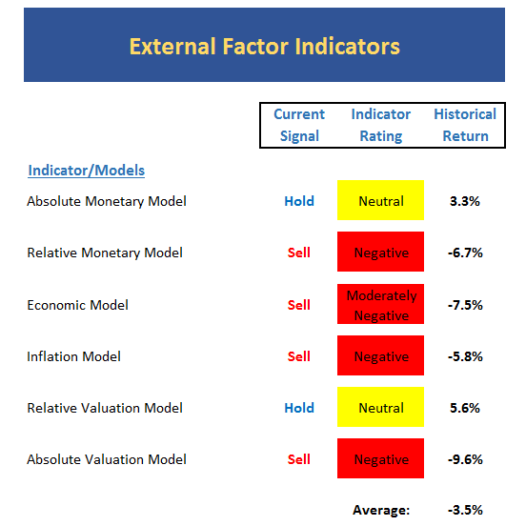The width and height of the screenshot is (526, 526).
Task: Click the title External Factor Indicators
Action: (x=265, y=46)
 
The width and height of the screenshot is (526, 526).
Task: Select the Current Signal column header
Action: (x=299, y=125)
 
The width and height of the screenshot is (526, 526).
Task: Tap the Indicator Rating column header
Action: (x=381, y=125)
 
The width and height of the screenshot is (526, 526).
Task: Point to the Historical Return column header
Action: (x=465, y=125)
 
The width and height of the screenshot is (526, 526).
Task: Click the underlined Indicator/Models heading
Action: (x=86, y=171)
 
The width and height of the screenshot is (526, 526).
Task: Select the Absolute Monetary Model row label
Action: (x=107, y=201)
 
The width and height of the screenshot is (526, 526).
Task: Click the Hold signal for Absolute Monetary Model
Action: (x=299, y=201)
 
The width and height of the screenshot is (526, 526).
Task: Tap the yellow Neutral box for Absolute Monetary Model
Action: (x=380, y=200)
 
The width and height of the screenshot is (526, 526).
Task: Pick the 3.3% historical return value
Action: (x=465, y=201)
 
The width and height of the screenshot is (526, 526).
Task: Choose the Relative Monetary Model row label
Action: (x=105, y=253)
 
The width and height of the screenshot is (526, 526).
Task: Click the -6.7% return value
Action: (x=465, y=253)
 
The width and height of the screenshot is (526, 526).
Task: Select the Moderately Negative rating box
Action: (x=380, y=304)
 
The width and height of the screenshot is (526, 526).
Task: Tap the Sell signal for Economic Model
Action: (x=299, y=305)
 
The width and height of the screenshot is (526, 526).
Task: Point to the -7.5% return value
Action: (x=465, y=305)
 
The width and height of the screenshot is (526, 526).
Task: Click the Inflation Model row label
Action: (x=73, y=356)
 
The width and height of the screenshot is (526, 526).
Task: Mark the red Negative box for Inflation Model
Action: (x=380, y=355)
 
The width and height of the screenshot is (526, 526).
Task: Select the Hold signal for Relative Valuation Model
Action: (x=299, y=408)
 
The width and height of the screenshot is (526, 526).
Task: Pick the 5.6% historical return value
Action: (x=465, y=408)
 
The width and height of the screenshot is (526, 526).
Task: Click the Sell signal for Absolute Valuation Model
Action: (x=299, y=459)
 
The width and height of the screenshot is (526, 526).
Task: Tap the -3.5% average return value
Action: (x=465, y=510)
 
